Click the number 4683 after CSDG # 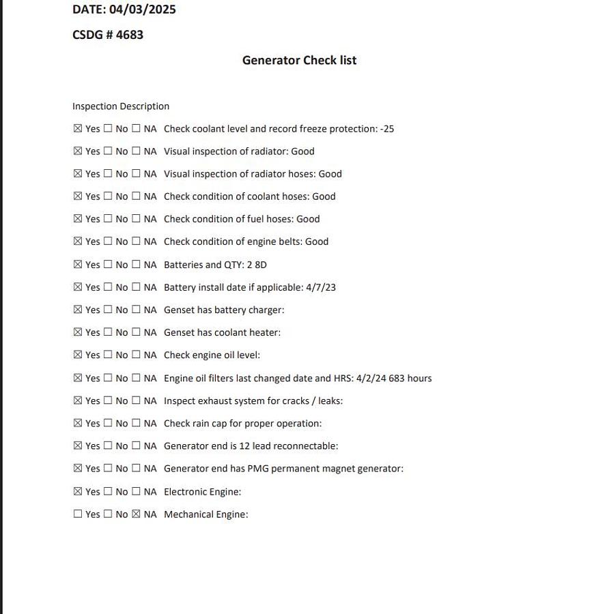pos(130,35)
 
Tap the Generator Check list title pos(299,60)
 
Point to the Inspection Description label pos(121,106)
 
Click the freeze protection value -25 pos(387,129)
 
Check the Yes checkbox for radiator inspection pos(78,151)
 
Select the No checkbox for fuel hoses pos(108,219)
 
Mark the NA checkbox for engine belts pos(136,242)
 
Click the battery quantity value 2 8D pos(257,265)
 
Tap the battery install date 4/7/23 pos(321,287)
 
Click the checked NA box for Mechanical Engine pos(136,514)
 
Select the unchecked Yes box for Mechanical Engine pos(78,514)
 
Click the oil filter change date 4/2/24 pos(371,378)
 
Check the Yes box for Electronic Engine pos(78,492)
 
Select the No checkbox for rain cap pos(108,424)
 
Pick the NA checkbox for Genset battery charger pos(136,310)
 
